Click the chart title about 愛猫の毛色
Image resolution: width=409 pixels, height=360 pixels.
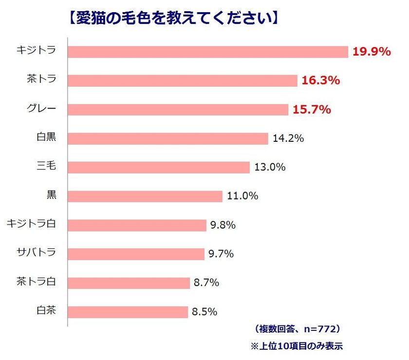(x=171, y=18)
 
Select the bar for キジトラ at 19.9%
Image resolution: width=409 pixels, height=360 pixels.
(x=208, y=52)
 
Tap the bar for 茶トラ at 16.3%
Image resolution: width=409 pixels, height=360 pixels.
(x=182, y=81)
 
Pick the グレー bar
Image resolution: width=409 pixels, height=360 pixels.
(x=178, y=110)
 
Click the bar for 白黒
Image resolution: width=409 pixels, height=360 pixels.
(x=167, y=138)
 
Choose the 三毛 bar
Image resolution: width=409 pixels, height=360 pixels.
(x=158, y=168)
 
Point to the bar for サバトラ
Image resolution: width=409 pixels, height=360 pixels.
(x=136, y=254)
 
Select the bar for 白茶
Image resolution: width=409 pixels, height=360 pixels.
(x=128, y=312)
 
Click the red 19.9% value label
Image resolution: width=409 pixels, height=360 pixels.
(x=372, y=52)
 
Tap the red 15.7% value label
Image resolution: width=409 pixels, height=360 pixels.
(x=312, y=110)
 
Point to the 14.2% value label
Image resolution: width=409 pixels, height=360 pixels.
(x=288, y=138)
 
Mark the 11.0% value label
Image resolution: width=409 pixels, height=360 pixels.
(x=242, y=196)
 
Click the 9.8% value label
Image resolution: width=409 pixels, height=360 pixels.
(x=223, y=225)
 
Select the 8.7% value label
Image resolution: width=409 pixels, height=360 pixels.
(x=206, y=283)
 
